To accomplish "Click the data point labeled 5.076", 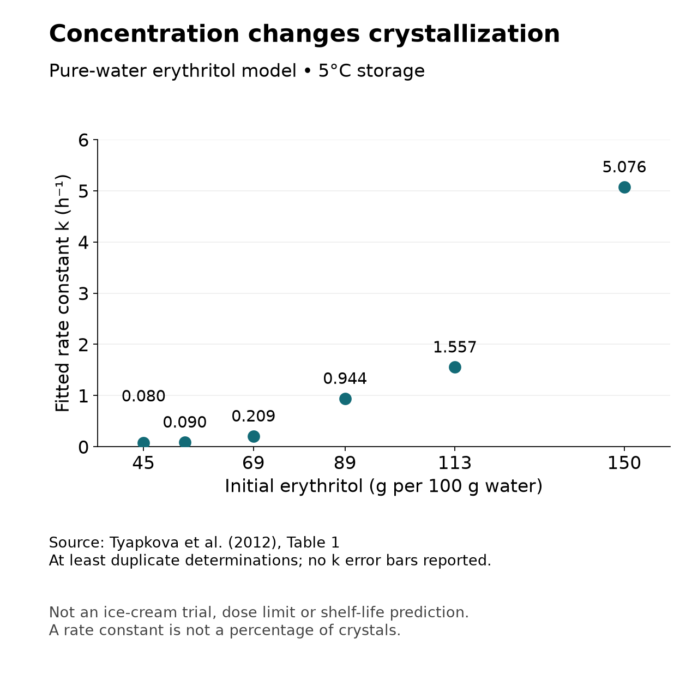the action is pyautogui.click(x=624, y=187).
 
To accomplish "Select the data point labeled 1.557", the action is pyautogui.click(x=455, y=367).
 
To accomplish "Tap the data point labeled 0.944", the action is pyautogui.click(x=345, y=399).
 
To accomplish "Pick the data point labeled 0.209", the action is pyautogui.click(x=254, y=436).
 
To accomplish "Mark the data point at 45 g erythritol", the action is pyautogui.click(x=143, y=442).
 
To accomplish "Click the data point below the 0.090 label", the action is pyautogui.click(x=185, y=442).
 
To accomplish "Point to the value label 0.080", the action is pyautogui.click(x=143, y=396).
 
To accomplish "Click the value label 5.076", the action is pyautogui.click(x=624, y=167).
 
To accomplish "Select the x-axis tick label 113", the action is pyautogui.click(x=455, y=463).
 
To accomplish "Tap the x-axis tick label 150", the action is pyautogui.click(x=624, y=463).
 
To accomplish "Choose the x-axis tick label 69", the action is pyautogui.click(x=254, y=463).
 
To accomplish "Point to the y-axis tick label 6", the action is pyautogui.click(x=83, y=140).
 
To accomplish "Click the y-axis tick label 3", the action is pyautogui.click(x=83, y=293).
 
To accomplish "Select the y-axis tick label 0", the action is pyautogui.click(x=83, y=447).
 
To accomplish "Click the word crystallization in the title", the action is pyautogui.click(x=464, y=34).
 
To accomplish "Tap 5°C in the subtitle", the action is pyautogui.click(x=335, y=71).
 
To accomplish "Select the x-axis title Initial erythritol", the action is pyautogui.click(x=293, y=486).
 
